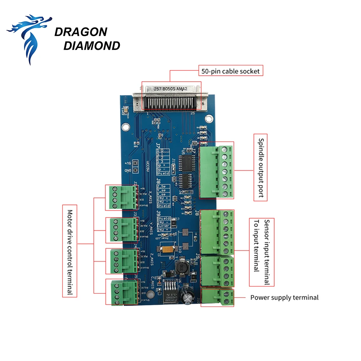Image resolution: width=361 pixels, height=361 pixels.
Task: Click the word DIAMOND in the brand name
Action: pos(91,46)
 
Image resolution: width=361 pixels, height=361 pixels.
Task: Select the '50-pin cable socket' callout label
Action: pos(230,71)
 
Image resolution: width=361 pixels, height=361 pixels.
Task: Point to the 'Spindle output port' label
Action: pos(261,168)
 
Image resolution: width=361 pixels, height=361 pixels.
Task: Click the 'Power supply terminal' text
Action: pos(284,298)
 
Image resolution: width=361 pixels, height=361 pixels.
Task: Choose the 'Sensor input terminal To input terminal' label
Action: pos(262,252)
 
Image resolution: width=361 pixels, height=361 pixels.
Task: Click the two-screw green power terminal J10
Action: pos(217,297)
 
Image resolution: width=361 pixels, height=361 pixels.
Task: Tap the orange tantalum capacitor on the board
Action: pos(167,249)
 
